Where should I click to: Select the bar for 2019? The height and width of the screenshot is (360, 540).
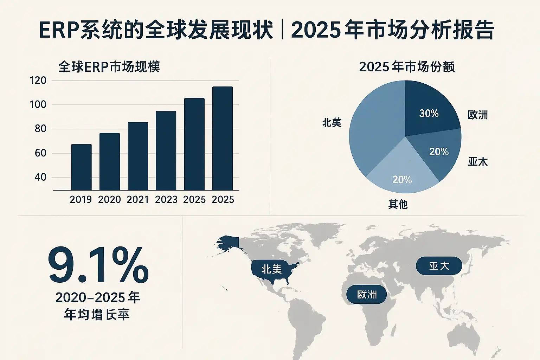click(x=81, y=167)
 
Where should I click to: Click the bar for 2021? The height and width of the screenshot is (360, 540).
click(x=138, y=156)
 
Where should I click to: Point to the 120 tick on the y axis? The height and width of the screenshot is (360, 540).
click(x=38, y=81)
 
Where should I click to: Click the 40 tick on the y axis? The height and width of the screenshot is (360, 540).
click(x=40, y=177)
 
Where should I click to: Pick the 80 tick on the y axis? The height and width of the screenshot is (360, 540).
click(x=40, y=129)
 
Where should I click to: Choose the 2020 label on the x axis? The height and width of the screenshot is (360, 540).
click(x=109, y=200)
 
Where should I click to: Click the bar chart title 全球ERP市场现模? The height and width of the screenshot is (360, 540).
click(x=109, y=67)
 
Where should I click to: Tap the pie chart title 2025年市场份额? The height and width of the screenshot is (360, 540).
click(x=407, y=67)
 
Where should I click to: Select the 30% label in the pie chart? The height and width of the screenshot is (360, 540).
click(x=429, y=113)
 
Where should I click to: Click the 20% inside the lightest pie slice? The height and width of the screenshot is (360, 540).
click(x=402, y=180)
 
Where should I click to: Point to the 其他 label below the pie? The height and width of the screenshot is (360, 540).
click(x=398, y=204)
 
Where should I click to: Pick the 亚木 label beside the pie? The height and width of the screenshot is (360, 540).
click(x=478, y=162)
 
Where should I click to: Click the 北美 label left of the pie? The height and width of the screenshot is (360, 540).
click(x=332, y=123)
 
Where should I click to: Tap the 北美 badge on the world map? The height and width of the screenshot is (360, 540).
click(x=271, y=269)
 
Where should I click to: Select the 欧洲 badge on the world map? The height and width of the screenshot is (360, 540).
click(x=367, y=295)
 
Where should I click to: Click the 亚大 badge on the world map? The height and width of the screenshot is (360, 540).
click(x=439, y=266)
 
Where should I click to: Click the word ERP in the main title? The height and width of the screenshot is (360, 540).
click(x=59, y=30)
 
